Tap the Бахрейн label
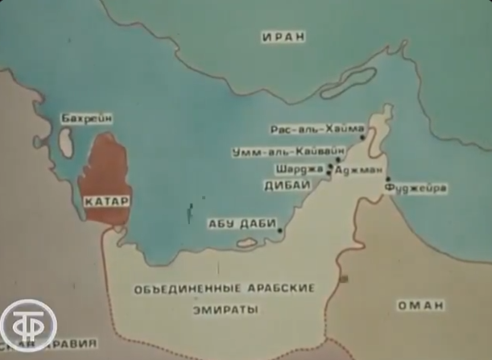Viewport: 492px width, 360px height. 83,119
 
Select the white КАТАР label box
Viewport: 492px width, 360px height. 106,201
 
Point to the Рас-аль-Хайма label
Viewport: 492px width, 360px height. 312,128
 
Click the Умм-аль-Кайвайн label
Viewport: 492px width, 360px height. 287,151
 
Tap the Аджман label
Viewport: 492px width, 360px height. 351,171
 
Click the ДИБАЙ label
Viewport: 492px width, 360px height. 287,185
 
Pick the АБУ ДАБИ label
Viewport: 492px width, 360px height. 242,224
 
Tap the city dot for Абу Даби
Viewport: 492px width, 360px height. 279,230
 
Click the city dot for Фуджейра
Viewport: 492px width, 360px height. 388,180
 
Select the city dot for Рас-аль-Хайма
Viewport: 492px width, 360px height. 362,138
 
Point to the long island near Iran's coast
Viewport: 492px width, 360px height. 347,83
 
